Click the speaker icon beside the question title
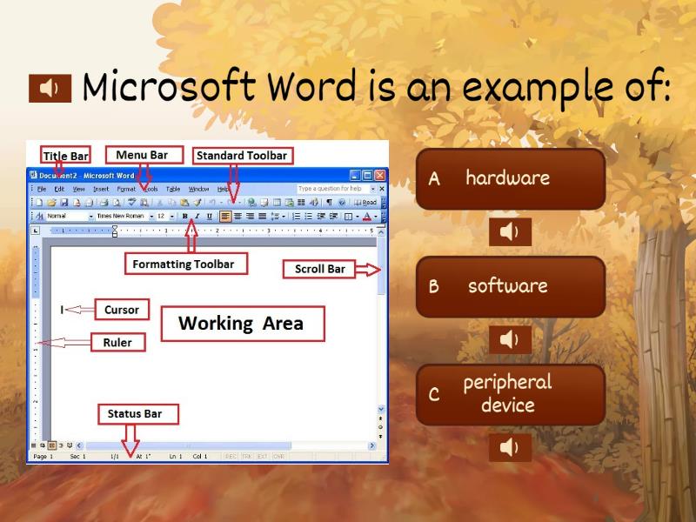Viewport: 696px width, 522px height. [50, 88]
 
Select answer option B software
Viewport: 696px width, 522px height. [510, 286]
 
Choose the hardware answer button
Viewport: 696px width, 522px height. [510, 178]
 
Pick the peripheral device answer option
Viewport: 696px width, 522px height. [510, 394]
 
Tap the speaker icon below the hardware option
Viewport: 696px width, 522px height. [510, 231]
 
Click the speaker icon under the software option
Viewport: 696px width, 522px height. [510, 339]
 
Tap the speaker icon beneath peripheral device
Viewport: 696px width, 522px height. [510, 447]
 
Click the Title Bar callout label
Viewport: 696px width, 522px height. [65, 156]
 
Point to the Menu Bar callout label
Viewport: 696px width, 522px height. [143, 155]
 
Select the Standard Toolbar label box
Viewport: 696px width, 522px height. [241, 156]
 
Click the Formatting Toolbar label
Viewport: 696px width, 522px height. [184, 264]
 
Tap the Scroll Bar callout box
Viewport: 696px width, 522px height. [319, 269]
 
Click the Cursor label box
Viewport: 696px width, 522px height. [121, 309]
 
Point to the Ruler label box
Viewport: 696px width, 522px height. [117, 343]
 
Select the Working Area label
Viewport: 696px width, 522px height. [241, 324]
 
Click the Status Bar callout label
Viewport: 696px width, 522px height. [134, 414]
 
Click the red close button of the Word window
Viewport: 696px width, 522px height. [379, 175]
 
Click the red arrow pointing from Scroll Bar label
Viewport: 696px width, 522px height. [369, 270]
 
